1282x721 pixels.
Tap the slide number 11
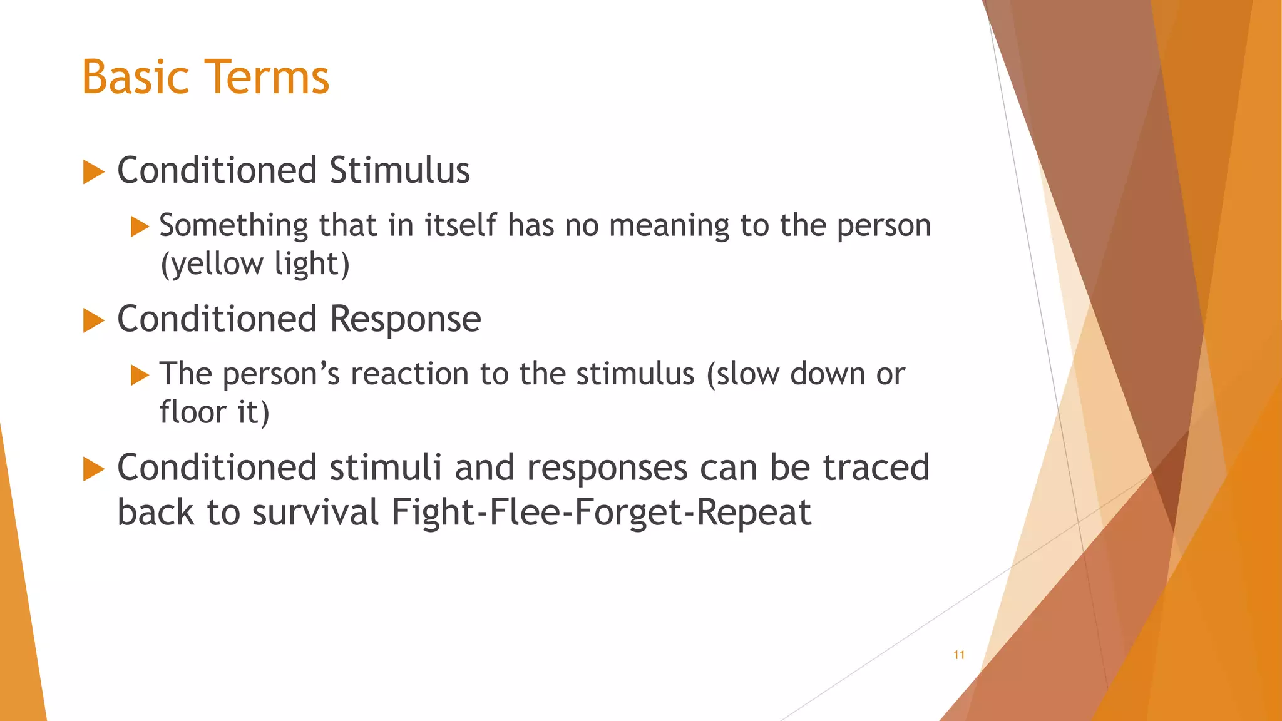tap(958, 655)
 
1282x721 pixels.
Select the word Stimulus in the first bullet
tap(399, 171)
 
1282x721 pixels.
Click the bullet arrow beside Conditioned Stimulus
tap(93, 172)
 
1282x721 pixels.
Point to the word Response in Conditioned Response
tap(405, 320)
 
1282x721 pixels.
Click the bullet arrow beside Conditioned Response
tap(93, 321)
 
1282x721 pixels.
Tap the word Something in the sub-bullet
tap(233, 226)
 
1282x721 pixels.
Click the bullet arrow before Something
tap(140, 227)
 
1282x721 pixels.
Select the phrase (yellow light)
tap(255, 264)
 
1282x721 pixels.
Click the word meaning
tap(669, 226)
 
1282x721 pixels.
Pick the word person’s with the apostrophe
tap(281, 375)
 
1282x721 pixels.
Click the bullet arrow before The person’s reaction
tap(140, 376)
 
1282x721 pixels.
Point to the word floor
tap(192, 412)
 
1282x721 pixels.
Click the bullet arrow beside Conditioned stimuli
tap(93, 469)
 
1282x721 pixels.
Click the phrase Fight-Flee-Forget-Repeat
tap(601, 513)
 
